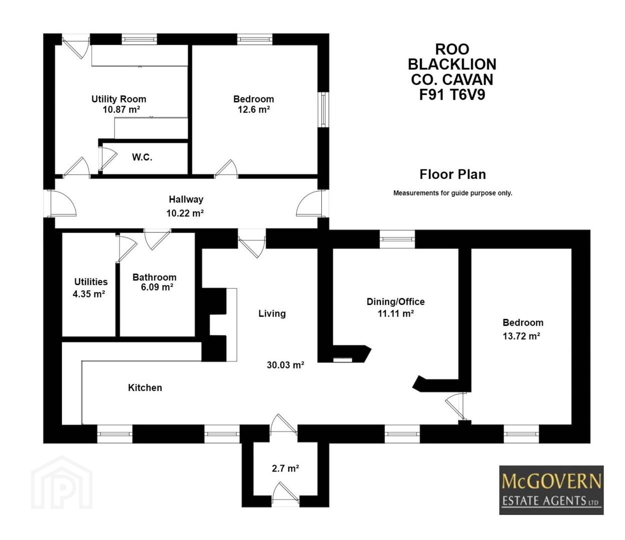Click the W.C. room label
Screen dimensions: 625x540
click(142, 157)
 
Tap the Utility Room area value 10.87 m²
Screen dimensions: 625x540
click(121, 109)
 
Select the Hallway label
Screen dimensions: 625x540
click(186, 199)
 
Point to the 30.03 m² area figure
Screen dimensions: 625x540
click(285, 365)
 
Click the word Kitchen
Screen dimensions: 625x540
click(145, 387)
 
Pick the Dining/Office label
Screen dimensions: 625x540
click(395, 301)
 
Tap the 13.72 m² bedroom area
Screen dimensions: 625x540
click(521, 336)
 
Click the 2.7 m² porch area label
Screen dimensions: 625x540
click(285, 468)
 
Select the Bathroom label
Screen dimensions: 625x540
click(155, 277)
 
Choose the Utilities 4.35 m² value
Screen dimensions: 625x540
click(89, 294)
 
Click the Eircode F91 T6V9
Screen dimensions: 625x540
click(452, 94)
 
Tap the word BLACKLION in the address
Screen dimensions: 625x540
click(452, 64)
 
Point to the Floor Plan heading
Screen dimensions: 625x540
click(453, 174)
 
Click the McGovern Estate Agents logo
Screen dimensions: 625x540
click(551, 490)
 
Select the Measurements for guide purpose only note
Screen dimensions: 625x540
click(453, 193)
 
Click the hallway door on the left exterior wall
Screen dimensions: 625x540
click(60, 203)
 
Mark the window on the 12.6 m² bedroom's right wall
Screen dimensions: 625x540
click(324, 109)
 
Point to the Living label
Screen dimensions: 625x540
click(272, 313)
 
